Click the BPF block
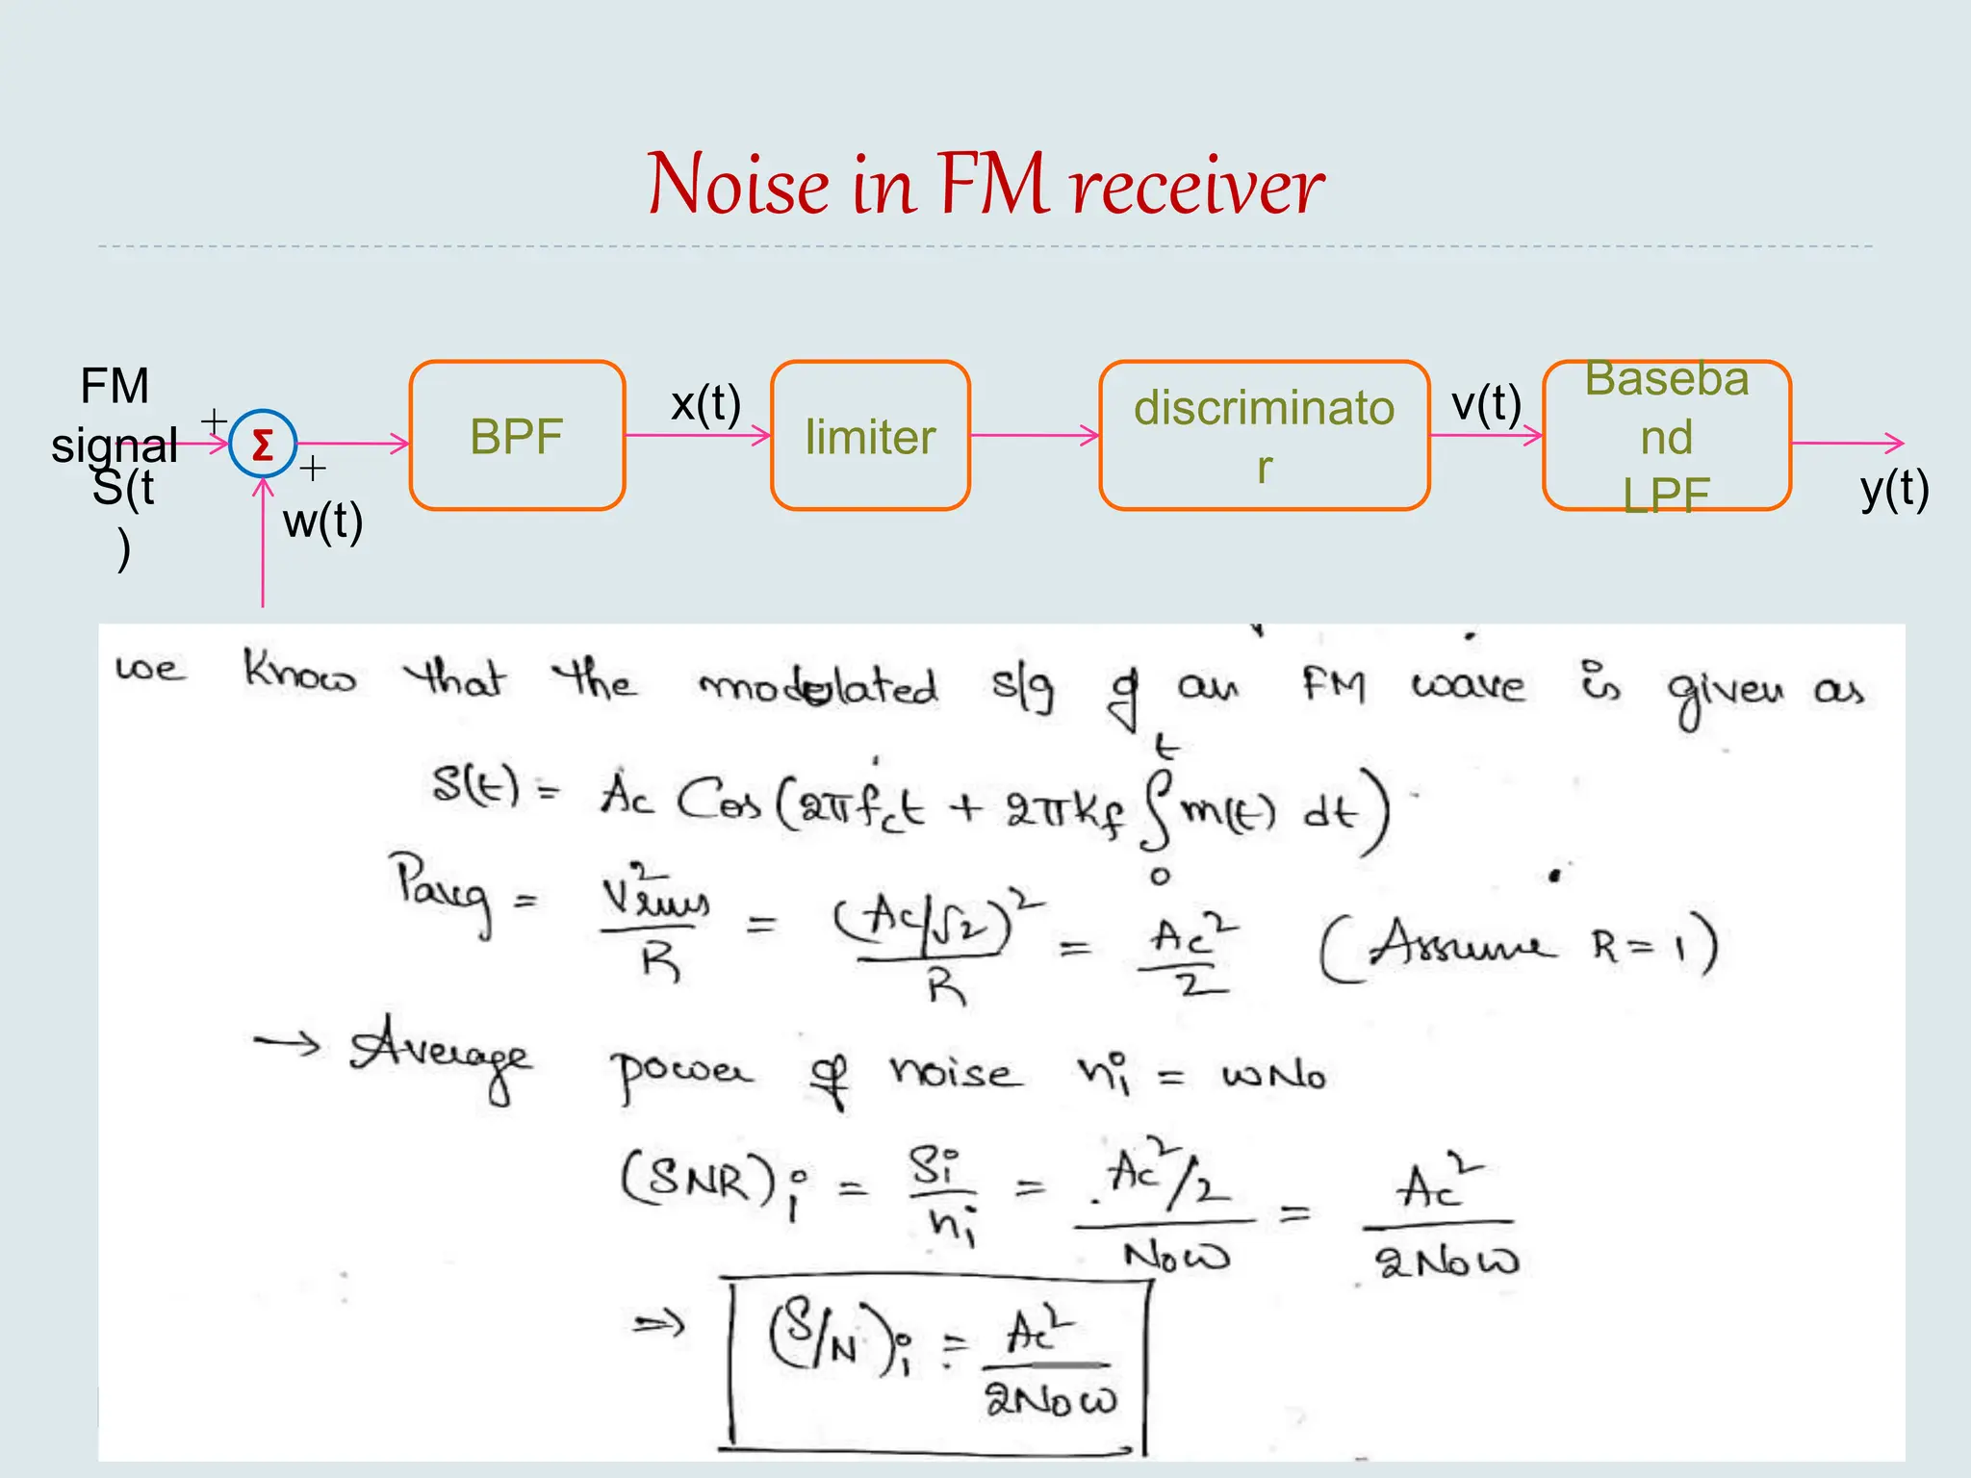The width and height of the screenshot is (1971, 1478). point(517,436)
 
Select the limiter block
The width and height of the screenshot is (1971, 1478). point(870,436)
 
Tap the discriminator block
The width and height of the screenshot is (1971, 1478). point(1264,436)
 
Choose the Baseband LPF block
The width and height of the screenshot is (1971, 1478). point(1666,436)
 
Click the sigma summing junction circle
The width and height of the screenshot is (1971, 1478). point(262,444)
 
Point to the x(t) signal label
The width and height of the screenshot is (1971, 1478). point(705,403)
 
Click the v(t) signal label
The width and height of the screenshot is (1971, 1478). point(1486,403)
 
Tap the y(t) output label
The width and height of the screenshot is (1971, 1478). point(1894,489)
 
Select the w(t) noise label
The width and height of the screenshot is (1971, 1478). point(322,522)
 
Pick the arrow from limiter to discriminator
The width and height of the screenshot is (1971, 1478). point(1034,435)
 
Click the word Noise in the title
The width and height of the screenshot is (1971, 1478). point(738,185)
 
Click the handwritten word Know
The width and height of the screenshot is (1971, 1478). point(298,673)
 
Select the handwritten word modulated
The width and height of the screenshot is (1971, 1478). point(818,686)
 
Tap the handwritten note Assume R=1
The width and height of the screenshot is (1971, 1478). point(1519,947)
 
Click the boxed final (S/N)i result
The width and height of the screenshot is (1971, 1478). point(938,1364)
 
